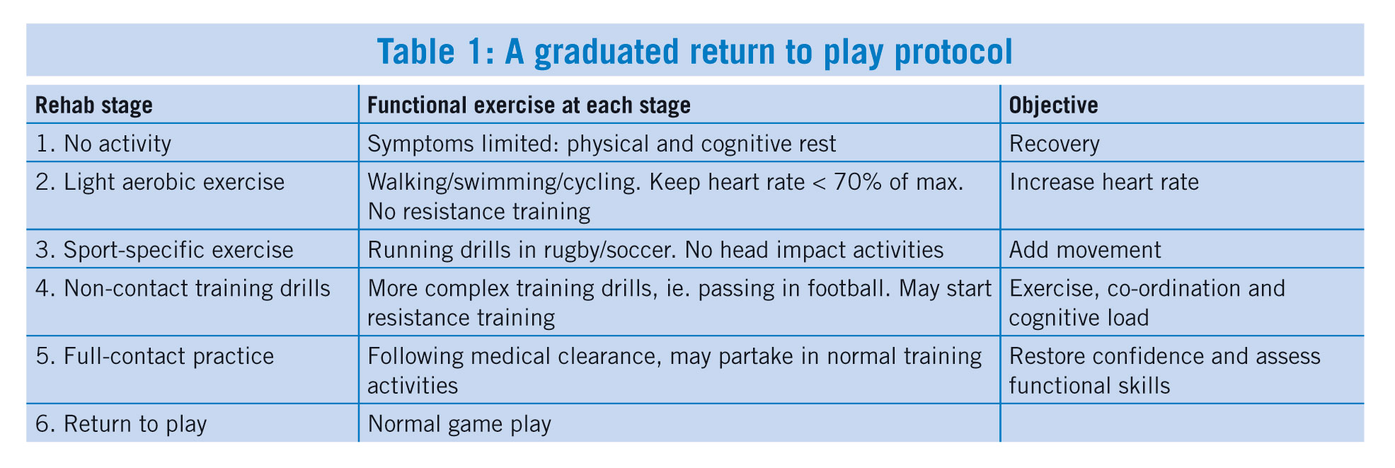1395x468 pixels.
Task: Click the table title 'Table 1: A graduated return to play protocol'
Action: [694, 52]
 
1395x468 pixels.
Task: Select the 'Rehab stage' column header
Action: [94, 105]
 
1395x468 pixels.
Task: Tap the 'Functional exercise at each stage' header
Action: [529, 105]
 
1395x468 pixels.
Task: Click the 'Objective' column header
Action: [1053, 105]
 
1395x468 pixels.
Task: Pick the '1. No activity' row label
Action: [103, 144]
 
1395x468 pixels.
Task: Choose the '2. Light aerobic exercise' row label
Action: [160, 182]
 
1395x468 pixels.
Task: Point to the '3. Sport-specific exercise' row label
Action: [164, 250]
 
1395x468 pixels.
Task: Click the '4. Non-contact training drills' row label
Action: [183, 288]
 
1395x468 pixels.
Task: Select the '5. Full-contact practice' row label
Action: [154, 355]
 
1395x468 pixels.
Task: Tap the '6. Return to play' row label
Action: [121, 423]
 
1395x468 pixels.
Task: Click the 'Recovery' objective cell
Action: [1055, 144]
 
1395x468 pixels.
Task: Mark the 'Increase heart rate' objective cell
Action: [1104, 182]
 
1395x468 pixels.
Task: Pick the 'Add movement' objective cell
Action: [1085, 250]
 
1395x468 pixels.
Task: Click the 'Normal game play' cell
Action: [459, 423]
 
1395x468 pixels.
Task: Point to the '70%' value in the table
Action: [859, 182]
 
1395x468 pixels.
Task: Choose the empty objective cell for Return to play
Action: [1181, 423]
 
